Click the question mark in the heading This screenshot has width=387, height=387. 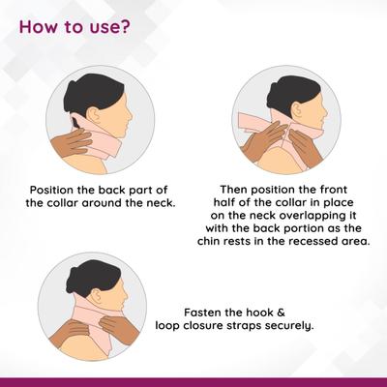point(125,26)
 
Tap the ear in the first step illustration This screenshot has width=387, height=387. point(95,114)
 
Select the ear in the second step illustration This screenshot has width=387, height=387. point(299,108)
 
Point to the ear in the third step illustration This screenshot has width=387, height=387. point(97,296)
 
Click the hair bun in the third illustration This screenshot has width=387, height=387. point(73,278)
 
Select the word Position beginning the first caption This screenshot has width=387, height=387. point(50,190)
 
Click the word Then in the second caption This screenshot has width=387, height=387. point(233,190)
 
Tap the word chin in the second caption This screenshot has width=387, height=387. point(210,241)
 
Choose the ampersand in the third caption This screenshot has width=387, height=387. point(281,313)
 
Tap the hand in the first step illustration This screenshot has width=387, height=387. point(71,142)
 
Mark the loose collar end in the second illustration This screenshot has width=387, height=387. point(247,123)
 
